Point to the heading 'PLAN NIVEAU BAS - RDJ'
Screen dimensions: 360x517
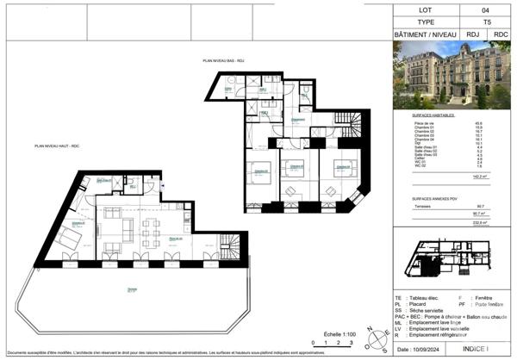pos(223,61)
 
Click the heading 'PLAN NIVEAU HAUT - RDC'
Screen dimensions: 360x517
pos(57,147)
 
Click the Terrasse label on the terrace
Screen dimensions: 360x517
pos(132,290)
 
